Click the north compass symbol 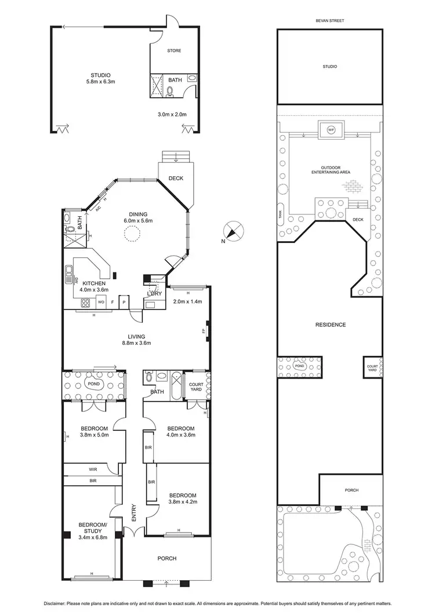(x=231, y=231)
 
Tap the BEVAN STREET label (x=329, y=20)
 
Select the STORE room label (x=174, y=51)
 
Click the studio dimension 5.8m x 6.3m (x=100, y=82)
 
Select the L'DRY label (x=154, y=294)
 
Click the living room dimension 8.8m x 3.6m (x=136, y=343)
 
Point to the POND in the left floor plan (x=93, y=384)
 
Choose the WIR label (x=93, y=469)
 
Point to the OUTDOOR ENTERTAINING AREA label (x=329, y=170)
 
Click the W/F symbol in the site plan (x=331, y=129)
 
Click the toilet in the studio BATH (x=170, y=90)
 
